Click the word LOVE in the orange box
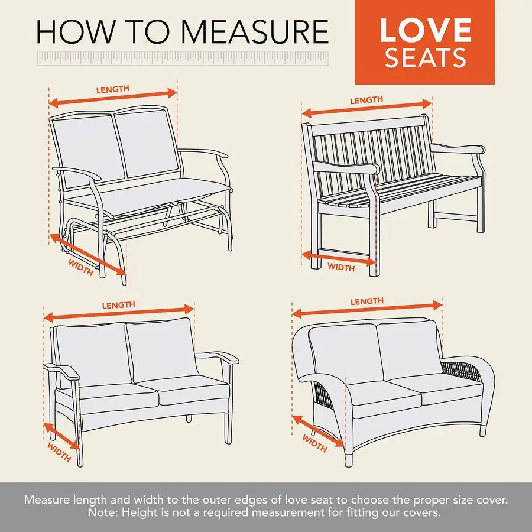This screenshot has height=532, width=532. tap(425, 31)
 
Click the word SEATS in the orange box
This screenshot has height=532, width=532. tap(425, 59)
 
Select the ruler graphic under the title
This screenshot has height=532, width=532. tap(182, 59)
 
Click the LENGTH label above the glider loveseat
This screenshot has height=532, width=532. tap(112, 89)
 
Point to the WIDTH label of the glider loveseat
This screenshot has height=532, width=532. tap(81, 268)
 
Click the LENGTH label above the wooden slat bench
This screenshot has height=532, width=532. tap(366, 100)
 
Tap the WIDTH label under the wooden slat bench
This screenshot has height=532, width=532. tap(341, 267)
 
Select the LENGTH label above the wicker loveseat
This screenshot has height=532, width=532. tap(367, 301)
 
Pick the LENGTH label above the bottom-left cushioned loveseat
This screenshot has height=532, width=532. tap(118, 306)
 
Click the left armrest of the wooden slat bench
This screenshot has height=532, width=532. tap(346, 167)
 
